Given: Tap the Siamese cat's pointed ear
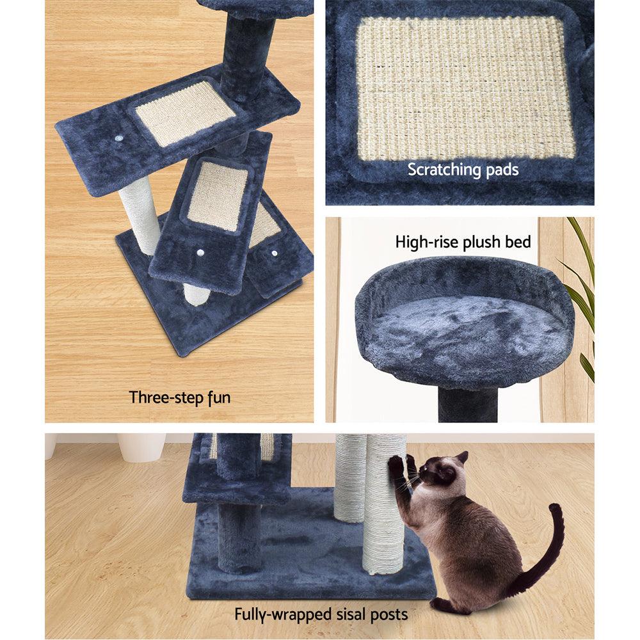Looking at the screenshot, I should pos(460,459).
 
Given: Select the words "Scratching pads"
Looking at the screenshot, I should pos(463,170).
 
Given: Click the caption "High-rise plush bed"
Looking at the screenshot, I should pos(463,242).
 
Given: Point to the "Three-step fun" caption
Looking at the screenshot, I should pos(180,397).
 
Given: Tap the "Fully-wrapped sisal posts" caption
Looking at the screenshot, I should pos(321,615).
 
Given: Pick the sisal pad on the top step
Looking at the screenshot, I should pos(185,112).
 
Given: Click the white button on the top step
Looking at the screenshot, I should pos(119,138).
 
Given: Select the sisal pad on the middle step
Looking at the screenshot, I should pos(218,195).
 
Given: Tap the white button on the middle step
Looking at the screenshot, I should pos(201,253).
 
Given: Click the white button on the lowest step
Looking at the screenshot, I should pos(275,253).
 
